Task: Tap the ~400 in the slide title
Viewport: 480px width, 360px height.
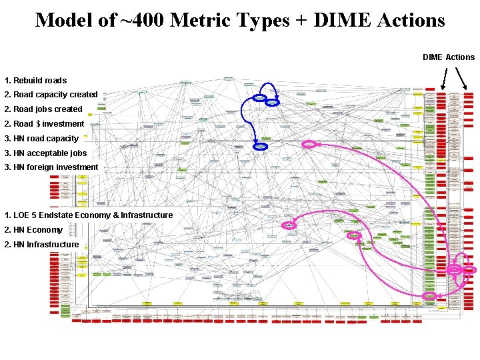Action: point(141,20)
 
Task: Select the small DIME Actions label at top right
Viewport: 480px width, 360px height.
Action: point(449,57)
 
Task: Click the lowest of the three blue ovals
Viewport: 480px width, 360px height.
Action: point(261,146)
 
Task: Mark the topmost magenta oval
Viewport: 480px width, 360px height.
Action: point(309,144)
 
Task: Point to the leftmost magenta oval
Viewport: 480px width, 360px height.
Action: point(289,225)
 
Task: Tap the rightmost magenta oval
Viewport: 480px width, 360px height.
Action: point(470,269)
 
